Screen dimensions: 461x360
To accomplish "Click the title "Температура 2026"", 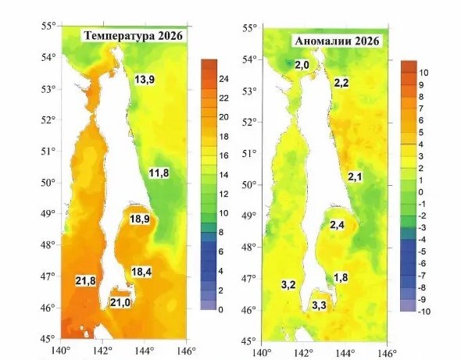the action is coord(133,36).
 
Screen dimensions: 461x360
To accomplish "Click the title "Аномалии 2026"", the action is coord(337,41).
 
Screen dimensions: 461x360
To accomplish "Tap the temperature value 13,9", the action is coord(145,80).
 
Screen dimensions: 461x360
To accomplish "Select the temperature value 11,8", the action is coord(159,173).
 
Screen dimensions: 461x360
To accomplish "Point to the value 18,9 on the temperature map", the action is coord(140,219).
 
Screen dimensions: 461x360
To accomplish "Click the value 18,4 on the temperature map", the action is coord(141,272).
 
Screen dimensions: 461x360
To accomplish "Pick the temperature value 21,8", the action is coord(85,281).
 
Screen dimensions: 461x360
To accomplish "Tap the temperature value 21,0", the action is coord(120,302).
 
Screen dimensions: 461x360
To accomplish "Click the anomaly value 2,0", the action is coord(302,65).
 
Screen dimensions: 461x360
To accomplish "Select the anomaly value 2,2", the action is coord(341,84).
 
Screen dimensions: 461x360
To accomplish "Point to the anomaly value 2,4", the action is coord(337,225).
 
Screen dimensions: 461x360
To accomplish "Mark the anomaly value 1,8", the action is coord(341,277).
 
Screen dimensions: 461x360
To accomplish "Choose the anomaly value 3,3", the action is coord(319,305).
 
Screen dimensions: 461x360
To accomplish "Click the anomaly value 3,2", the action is coord(288,284).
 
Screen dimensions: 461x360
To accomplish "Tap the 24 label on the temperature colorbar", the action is coord(223,79).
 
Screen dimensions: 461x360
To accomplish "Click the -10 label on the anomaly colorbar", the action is coord(424,312).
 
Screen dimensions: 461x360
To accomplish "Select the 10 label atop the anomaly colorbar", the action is coord(423,73).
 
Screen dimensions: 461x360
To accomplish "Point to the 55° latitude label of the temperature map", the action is coord(48,26).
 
